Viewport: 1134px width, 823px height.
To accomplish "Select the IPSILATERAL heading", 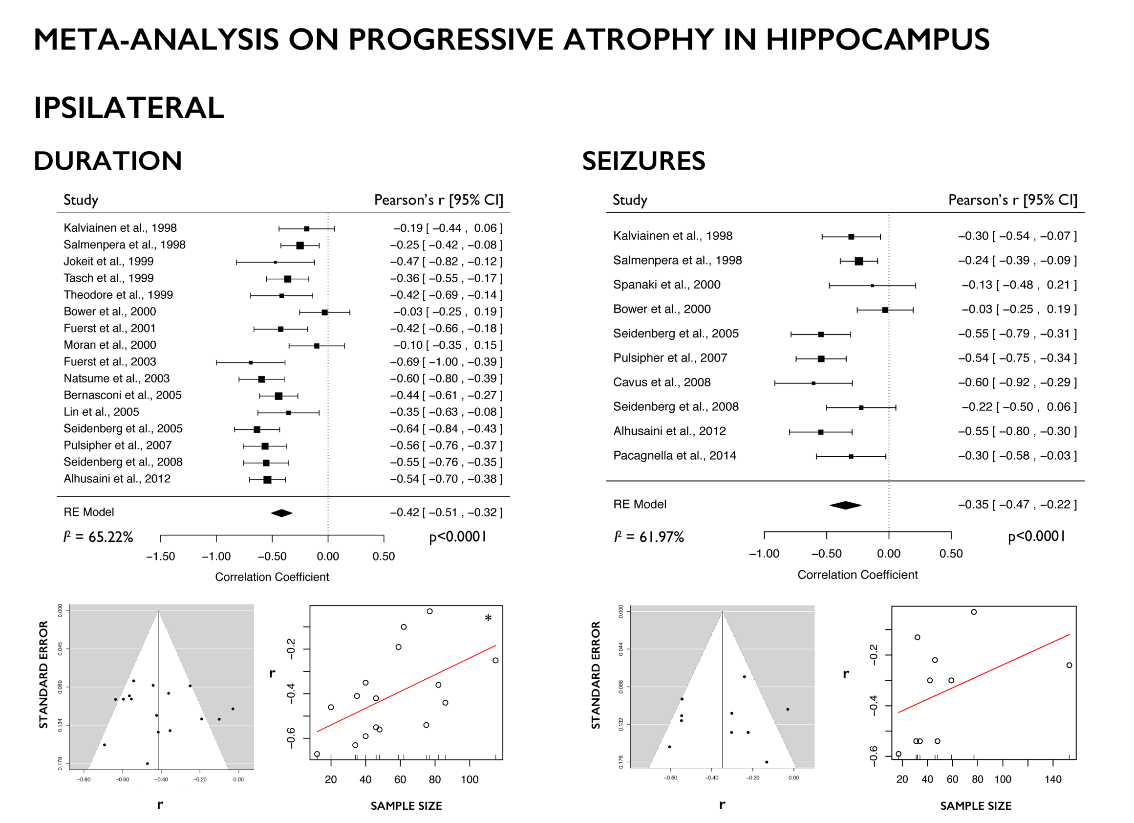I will click(x=128, y=108).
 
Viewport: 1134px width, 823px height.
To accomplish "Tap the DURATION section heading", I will click(x=107, y=161).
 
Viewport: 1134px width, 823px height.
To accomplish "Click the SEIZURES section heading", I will click(x=643, y=161).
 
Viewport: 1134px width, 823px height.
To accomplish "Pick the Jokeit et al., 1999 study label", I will click(x=108, y=262).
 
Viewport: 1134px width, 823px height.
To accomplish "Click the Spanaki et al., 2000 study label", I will click(x=666, y=285).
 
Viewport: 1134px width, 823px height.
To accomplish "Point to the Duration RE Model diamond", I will click(x=281, y=513).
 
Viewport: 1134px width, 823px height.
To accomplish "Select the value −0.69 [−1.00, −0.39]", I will click(x=446, y=362).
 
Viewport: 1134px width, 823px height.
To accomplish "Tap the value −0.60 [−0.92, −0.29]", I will click(x=1017, y=382).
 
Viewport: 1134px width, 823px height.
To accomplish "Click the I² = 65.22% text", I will click(x=99, y=537).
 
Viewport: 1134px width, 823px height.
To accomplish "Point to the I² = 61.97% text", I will click(x=649, y=537).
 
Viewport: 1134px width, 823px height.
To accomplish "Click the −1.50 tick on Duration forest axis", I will click(x=161, y=556).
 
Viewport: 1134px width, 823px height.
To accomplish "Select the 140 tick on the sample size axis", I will click(x=1052, y=779).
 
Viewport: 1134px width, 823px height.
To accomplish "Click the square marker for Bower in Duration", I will click(x=324, y=312).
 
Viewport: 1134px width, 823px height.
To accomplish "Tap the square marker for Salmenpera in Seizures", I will click(x=858, y=261).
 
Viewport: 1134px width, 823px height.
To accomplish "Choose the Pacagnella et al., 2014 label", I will click(x=675, y=456).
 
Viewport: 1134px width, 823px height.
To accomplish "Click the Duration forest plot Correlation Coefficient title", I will click(x=272, y=577).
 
